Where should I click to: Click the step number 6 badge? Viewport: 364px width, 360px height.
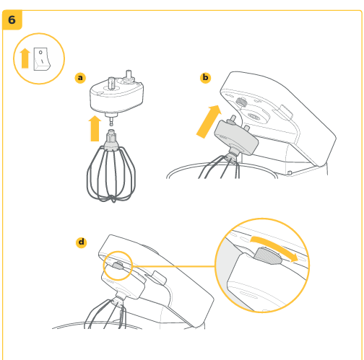pos(12,19)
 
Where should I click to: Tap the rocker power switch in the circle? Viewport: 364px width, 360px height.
pos(42,59)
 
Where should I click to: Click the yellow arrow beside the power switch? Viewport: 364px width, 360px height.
pos(25,58)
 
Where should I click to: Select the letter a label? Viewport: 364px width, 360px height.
pos(80,78)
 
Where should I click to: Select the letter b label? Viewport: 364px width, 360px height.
pos(205,78)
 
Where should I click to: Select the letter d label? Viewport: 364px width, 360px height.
pos(82,242)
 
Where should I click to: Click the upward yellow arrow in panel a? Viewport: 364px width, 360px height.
pos(95,128)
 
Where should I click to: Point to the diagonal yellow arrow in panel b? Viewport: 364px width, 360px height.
pos(208,122)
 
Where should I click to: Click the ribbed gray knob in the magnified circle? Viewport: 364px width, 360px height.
pos(267,256)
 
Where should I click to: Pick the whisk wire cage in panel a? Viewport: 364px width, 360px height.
pos(111,175)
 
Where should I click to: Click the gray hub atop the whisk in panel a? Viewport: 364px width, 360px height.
pos(111,139)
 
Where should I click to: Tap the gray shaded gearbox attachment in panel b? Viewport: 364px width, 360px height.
pos(236,136)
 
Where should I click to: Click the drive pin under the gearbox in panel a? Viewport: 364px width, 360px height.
pos(111,119)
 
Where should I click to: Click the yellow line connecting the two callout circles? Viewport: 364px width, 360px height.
pos(173,266)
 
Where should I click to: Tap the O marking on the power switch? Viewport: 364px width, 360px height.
pos(40,52)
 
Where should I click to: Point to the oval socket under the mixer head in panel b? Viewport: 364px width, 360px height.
pos(255,116)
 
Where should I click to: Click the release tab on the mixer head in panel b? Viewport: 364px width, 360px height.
pos(286,111)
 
